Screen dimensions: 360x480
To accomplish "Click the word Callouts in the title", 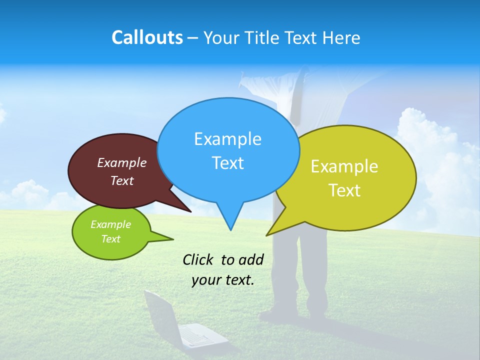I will click(x=147, y=37).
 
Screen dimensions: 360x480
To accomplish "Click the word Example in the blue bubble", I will click(x=227, y=139).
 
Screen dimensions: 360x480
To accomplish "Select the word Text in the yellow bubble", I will click(x=344, y=190).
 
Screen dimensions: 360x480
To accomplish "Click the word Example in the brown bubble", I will click(x=121, y=162).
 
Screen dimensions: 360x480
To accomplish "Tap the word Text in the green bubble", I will click(x=110, y=239).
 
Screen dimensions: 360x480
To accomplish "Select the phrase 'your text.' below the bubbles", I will click(x=223, y=279).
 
